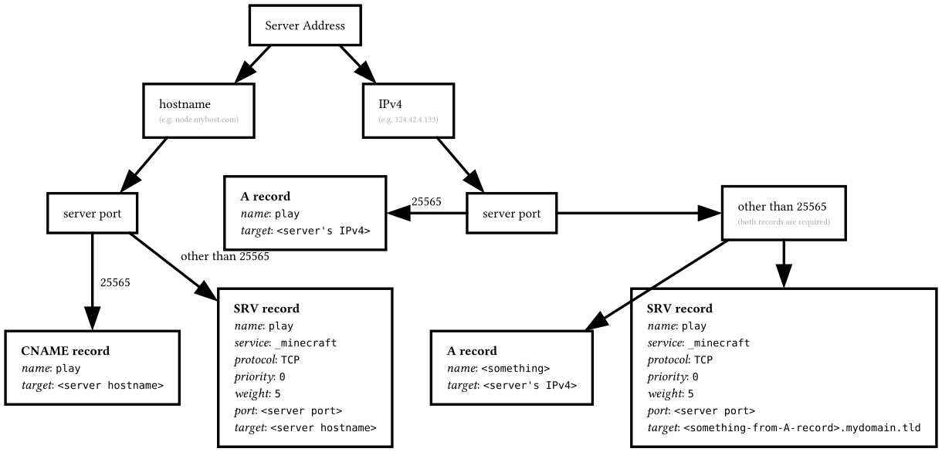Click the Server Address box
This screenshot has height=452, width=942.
coord(304,25)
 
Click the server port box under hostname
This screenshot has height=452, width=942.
coord(92,213)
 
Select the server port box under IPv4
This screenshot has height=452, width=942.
coord(511,213)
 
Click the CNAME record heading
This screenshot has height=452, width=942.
coord(65,351)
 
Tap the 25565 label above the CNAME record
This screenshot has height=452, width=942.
coord(115,282)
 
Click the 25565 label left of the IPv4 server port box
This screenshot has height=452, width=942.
coord(426,201)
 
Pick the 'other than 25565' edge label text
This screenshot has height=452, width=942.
coord(225,256)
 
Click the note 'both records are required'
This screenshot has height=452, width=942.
coord(784,221)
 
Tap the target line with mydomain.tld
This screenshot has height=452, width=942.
coord(784,428)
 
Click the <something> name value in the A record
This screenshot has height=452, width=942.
coord(515,368)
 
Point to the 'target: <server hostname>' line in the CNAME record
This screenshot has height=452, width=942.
coord(92,383)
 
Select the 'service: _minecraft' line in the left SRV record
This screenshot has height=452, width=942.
coord(285,342)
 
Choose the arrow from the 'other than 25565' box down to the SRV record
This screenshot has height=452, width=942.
coord(784,262)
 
